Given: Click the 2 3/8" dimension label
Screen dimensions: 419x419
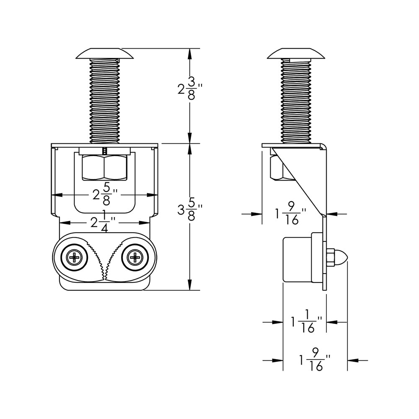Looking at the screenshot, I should coord(190,88).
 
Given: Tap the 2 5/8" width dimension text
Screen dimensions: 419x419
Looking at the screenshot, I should coord(104,195).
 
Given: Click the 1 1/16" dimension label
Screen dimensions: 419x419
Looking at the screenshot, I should coord(306,322).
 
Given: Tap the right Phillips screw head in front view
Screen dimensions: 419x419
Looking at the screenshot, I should coord(135,257).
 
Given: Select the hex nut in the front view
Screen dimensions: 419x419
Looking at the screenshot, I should coord(104,167).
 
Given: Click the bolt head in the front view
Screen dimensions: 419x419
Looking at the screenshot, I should coord(104,53).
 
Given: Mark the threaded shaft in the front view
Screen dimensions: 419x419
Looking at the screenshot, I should coord(104,101).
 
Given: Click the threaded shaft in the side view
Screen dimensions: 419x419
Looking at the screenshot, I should coord(296,101).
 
